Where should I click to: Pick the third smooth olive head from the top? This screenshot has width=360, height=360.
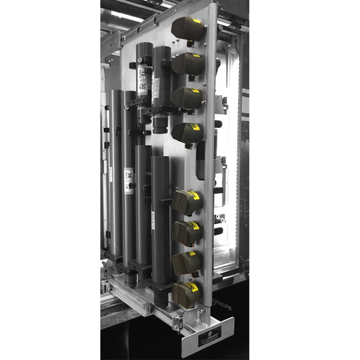coord(187,97)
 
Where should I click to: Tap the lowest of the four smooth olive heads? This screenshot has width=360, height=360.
coord(187,133)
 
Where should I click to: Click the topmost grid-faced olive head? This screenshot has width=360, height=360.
coord(187,202)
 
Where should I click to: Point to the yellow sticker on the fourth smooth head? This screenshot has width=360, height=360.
coord(197,128)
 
